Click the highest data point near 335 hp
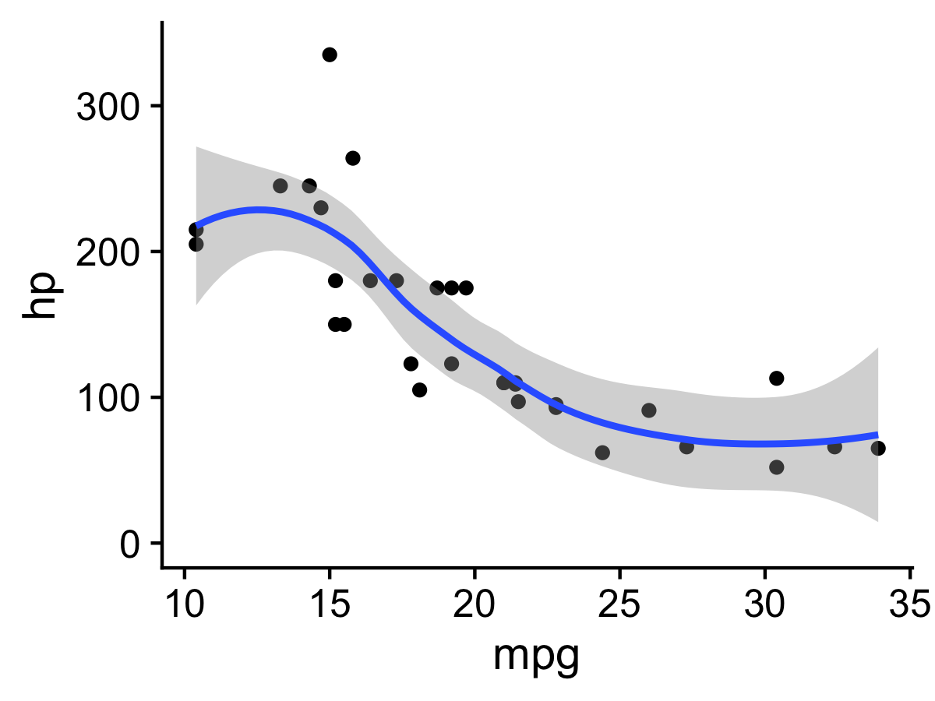pyautogui.click(x=330, y=55)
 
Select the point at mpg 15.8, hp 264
pyautogui.click(x=353, y=158)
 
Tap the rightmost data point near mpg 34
pyautogui.click(x=878, y=448)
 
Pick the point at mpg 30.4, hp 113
pyautogui.click(x=776, y=379)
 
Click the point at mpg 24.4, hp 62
pyautogui.click(x=602, y=453)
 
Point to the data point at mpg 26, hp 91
pyautogui.click(x=649, y=410)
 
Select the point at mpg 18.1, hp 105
pyautogui.click(x=419, y=390)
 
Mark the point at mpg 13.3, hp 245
pyautogui.click(x=280, y=186)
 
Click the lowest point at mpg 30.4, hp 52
pyautogui.click(x=776, y=467)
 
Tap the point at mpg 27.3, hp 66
pyautogui.click(x=686, y=447)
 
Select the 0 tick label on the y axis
pyautogui.click(x=129, y=544)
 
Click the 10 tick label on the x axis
pyautogui.click(x=185, y=604)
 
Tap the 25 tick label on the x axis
pyautogui.click(x=619, y=604)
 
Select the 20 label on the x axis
pyautogui.click(x=475, y=604)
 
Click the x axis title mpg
pyautogui.click(x=536, y=658)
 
